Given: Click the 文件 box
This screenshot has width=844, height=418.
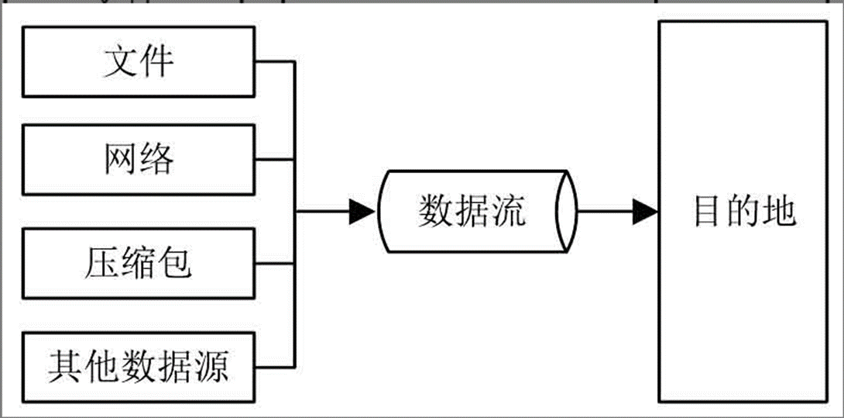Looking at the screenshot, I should [x=139, y=62].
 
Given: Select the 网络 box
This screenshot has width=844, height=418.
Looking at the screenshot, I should [x=139, y=160].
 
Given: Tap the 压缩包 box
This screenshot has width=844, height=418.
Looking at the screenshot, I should [x=139, y=264].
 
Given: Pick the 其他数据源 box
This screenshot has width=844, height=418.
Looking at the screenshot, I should [x=139, y=366].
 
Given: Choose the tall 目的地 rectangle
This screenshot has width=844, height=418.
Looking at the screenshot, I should [x=743, y=211].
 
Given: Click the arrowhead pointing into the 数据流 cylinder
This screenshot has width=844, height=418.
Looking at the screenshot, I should [x=362, y=211].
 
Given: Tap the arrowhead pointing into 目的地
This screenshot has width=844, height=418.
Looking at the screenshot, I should [x=645, y=211].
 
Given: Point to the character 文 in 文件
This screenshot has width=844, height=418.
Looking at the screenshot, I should [x=121, y=62].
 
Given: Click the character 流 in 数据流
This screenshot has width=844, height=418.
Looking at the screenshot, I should [x=509, y=211].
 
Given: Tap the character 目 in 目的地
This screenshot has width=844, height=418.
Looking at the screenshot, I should [x=706, y=211].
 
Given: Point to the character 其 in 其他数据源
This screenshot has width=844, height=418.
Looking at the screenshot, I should [x=65, y=366].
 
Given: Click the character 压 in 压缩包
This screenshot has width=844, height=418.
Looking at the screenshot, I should [x=101, y=264].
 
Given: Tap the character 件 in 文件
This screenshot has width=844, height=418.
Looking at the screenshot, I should [x=157, y=62].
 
